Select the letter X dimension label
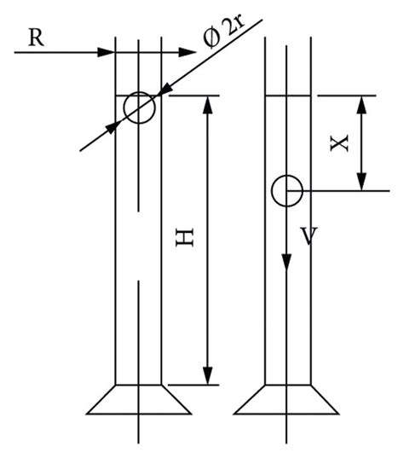pyautogui.click(x=340, y=142)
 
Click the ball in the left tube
pyautogui.click(x=139, y=108)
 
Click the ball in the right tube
pyautogui.click(x=286, y=190)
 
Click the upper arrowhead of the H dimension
pyautogui.click(x=207, y=104)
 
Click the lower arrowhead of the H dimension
pyautogui.click(x=207, y=375)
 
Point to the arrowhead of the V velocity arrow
pyautogui.click(x=287, y=265)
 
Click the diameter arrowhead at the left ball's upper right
pyautogui.click(x=164, y=90)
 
